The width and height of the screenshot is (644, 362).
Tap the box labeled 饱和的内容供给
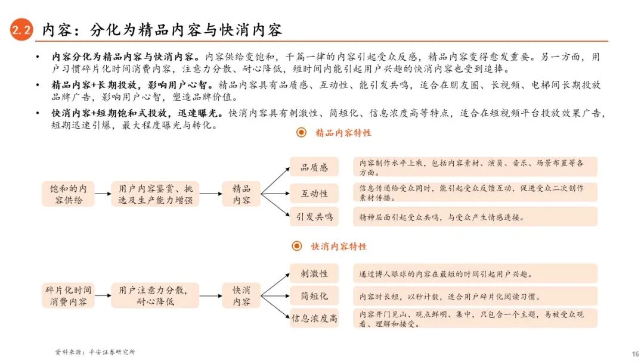coord(68,194)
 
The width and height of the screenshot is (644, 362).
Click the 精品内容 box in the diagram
coord(241,194)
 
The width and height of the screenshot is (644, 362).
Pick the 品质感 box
coord(314,167)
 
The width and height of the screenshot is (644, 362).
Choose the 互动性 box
coord(314,194)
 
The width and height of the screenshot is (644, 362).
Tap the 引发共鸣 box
coord(314,217)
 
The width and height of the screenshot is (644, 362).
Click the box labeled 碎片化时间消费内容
coord(68,295)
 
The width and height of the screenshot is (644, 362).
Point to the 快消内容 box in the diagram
coord(241,295)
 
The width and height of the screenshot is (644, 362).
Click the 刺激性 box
coord(314,273)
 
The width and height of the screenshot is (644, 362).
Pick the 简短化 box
coord(314,296)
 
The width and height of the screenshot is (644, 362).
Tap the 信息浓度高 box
coord(314,318)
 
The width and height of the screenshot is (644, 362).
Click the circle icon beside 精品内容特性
coord(302,133)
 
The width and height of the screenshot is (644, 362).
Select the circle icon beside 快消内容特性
coord(297,246)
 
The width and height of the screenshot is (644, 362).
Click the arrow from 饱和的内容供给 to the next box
coord(103,194)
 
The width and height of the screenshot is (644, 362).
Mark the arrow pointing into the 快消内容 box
coord(210,295)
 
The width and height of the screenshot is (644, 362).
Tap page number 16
coord(634,352)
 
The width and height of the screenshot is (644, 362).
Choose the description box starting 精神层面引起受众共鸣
coord(475,217)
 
